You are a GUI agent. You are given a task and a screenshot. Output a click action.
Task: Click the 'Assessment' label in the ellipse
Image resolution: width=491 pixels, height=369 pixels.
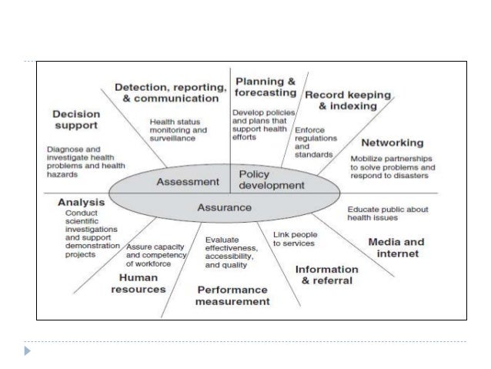(x=188, y=183)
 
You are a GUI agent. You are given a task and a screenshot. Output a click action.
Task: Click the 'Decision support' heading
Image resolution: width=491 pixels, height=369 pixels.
(x=76, y=120)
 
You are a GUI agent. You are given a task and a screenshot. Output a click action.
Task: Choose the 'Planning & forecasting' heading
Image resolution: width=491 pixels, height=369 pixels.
(x=266, y=87)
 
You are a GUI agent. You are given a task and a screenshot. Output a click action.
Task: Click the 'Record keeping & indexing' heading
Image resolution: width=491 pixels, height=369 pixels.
(x=348, y=100)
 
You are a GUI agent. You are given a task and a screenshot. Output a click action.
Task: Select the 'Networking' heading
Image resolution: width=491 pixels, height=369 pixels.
(x=392, y=143)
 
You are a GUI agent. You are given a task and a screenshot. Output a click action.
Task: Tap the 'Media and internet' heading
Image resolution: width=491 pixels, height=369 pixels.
(x=396, y=247)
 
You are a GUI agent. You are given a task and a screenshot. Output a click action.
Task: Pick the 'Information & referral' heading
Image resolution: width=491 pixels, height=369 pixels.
(x=327, y=274)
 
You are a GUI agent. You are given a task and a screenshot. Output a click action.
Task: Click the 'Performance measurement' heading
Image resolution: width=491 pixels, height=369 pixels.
(x=233, y=296)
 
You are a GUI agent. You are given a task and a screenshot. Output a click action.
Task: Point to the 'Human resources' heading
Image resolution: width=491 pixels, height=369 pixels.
(x=139, y=283)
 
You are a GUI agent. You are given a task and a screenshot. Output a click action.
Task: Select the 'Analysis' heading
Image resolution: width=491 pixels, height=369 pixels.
(x=81, y=203)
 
